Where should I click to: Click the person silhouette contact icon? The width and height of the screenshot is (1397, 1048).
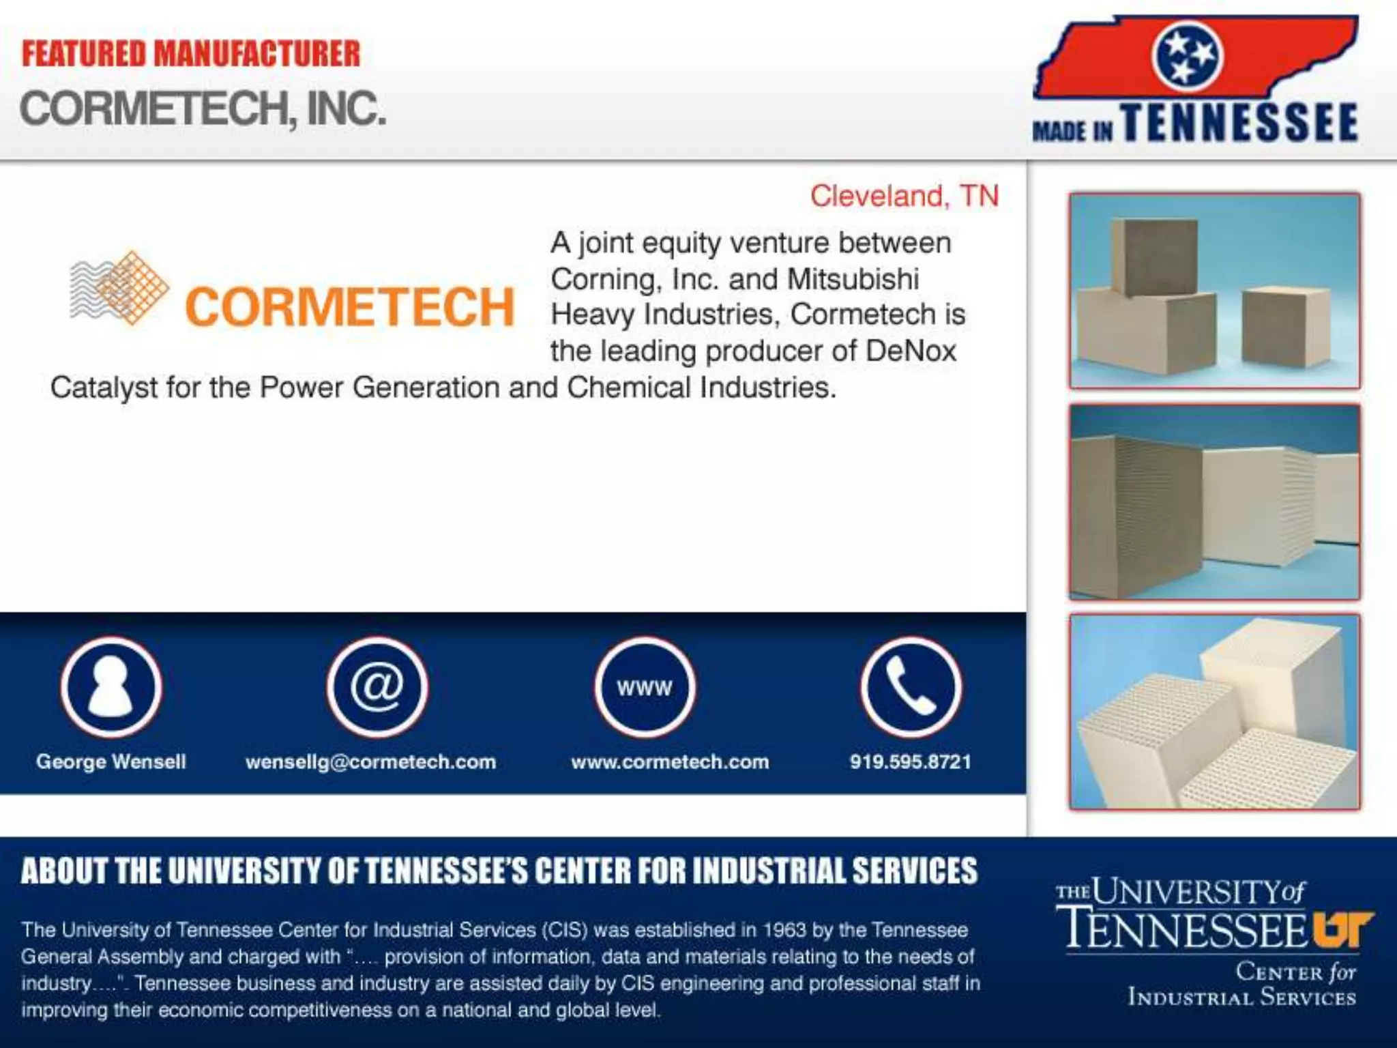pyautogui.click(x=111, y=687)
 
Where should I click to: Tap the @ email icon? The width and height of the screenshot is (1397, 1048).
pyautogui.click(x=377, y=687)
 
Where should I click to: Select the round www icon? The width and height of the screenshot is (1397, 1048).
pyautogui.click(x=645, y=687)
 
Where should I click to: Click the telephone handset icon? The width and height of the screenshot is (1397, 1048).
pyautogui.click(x=911, y=687)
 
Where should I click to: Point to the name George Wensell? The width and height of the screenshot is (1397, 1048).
pyautogui.click(x=111, y=761)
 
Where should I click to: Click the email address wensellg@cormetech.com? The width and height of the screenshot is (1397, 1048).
pyautogui.click(x=370, y=761)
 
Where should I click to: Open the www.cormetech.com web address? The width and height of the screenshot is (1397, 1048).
pyautogui.click(x=670, y=761)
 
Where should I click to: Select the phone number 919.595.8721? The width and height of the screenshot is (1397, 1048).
pyautogui.click(x=911, y=761)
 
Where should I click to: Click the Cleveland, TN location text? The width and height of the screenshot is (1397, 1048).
pyautogui.click(x=904, y=196)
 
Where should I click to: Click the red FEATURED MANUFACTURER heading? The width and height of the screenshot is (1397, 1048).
pyautogui.click(x=191, y=55)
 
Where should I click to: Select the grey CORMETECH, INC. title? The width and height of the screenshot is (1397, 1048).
pyautogui.click(x=203, y=109)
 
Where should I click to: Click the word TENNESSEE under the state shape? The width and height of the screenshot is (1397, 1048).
pyautogui.click(x=1240, y=123)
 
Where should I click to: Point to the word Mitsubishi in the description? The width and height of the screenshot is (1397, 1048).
pyautogui.click(x=853, y=279)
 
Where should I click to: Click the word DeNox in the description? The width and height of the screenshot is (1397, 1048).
pyautogui.click(x=911, y=351)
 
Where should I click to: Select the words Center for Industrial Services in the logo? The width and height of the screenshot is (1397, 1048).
pyautogui.click(x=1241, y=984)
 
